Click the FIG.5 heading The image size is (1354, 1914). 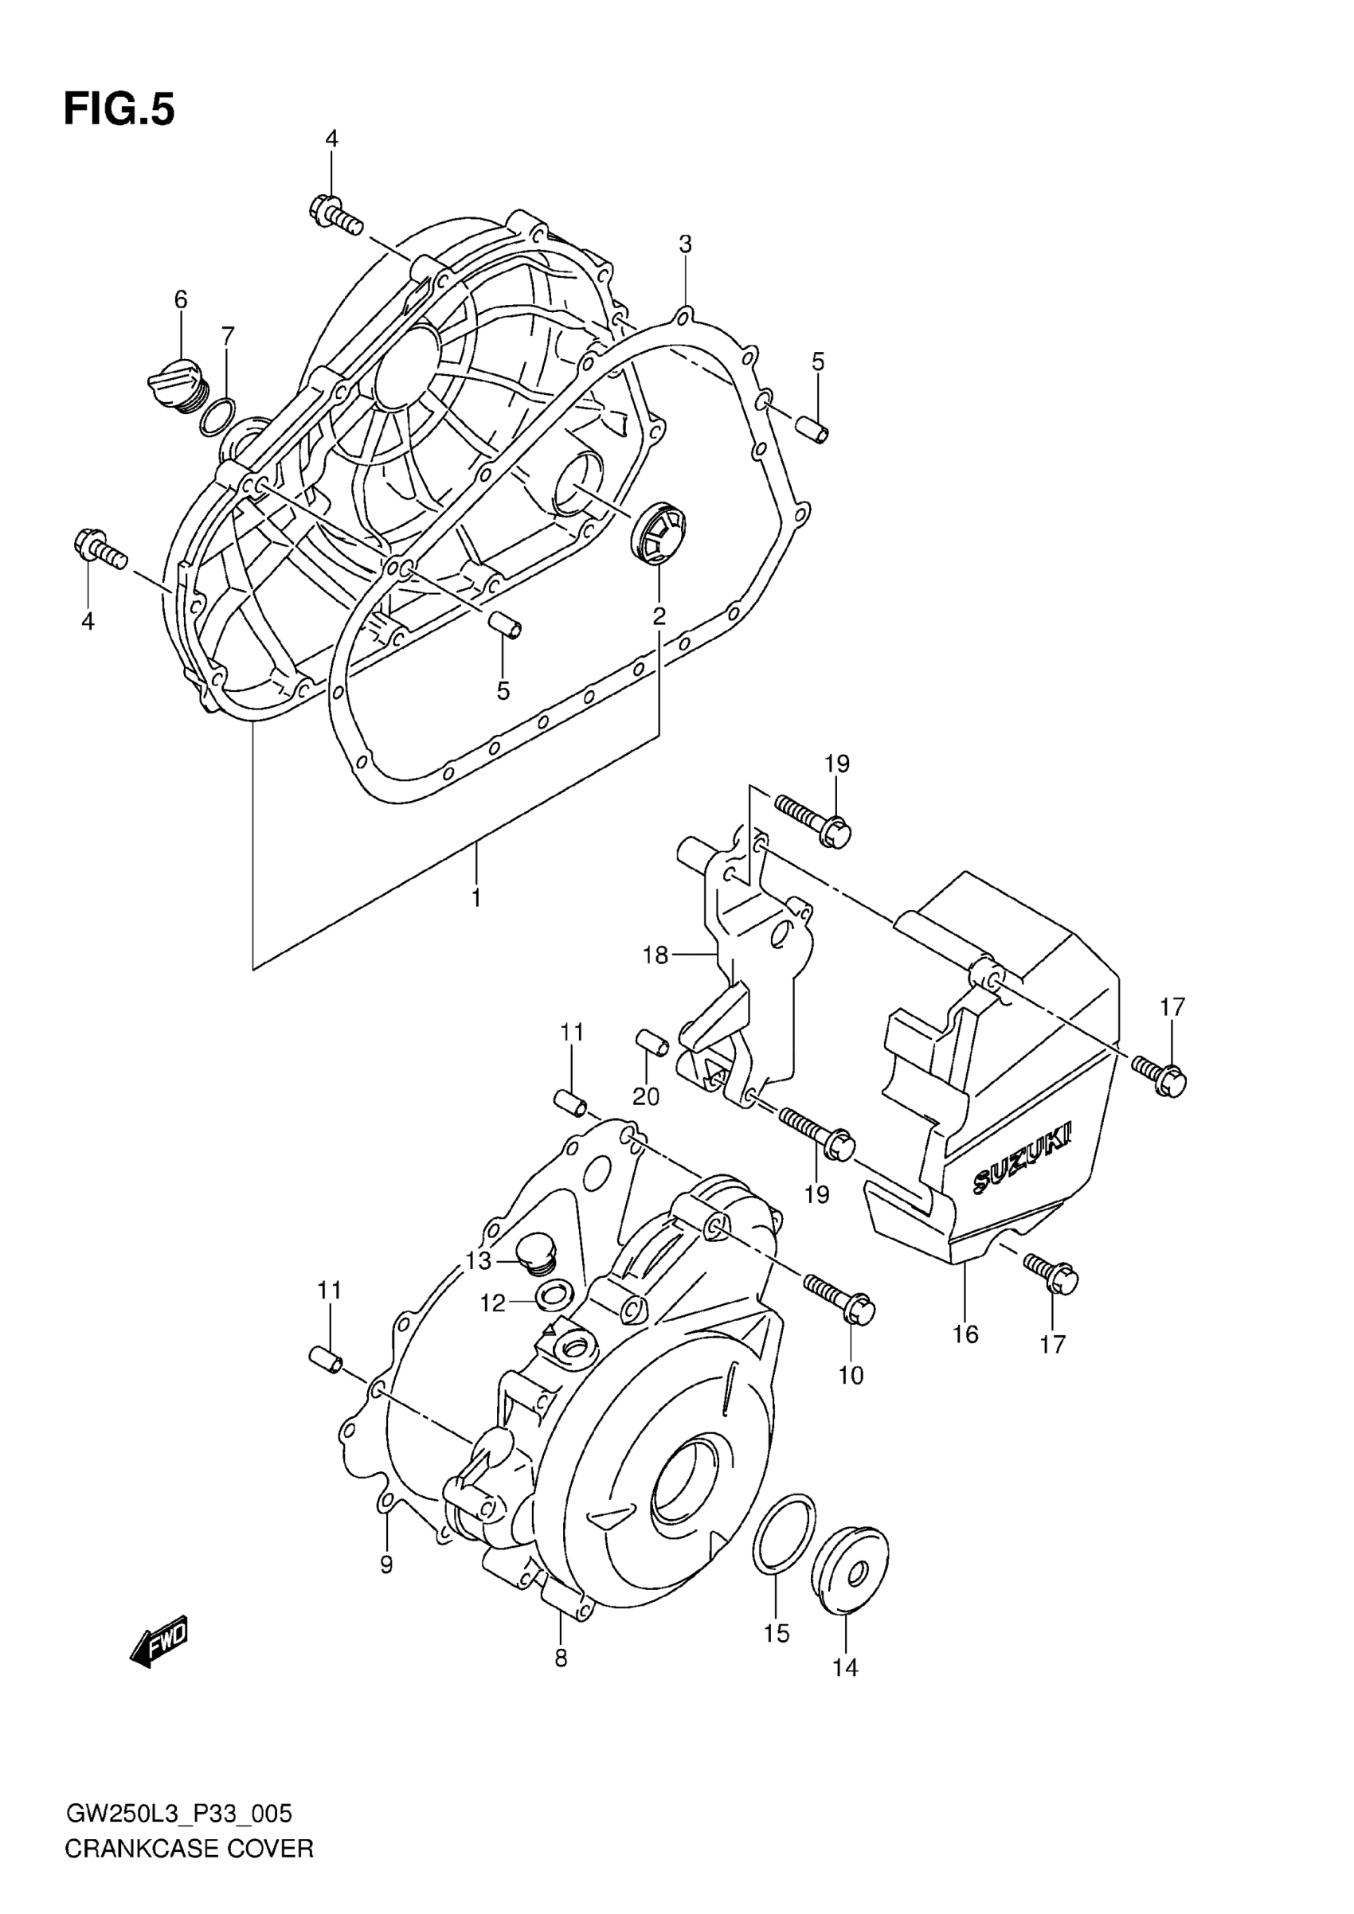119,110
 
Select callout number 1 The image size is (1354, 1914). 476,898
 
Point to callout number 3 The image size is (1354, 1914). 685,244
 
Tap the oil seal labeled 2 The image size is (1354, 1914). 659,532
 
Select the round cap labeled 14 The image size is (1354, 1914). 850,1571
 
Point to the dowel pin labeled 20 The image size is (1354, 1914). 652,1042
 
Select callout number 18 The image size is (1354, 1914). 655,955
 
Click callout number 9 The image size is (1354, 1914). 386,1564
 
